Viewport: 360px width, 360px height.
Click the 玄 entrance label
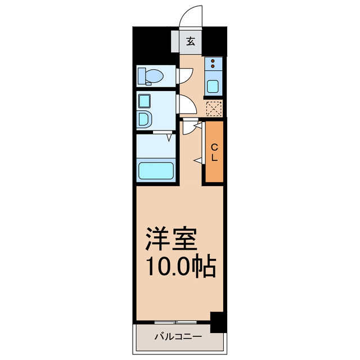click(x=191, y=41)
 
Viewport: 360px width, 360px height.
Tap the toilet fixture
click(x=154, y=75)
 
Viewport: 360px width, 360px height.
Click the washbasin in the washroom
click(x=145, y=119)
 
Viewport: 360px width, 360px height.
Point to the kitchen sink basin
click(x=213, y=86)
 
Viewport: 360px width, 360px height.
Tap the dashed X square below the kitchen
click(x=213, y=107)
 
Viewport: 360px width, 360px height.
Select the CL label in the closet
click(x=214, y=152)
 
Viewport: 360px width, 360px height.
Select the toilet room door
click(x=186, y=75)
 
